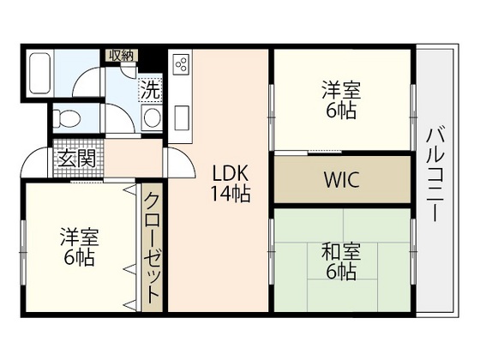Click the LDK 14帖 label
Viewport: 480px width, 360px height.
pyautogui.click(x=231, y=182)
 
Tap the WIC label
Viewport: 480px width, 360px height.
pyautogui.click(x=342, y=181)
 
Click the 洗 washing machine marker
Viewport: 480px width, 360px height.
pyautogui.click(x=150, y=87)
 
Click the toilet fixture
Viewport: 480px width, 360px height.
pyautogui.click(x=66, y=117)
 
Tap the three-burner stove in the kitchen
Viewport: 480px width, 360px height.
pyautogui.click(x=181, y=65)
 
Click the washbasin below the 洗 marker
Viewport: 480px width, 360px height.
pyautogui.click(x=152, y=117)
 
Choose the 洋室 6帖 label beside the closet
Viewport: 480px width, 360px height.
pyautogui.click(x=78, y=246)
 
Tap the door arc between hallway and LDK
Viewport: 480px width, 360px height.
pyautogui.click(x=174, y=160)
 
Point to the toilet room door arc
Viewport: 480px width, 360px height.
pyautogui.click(x=92, y=120)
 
